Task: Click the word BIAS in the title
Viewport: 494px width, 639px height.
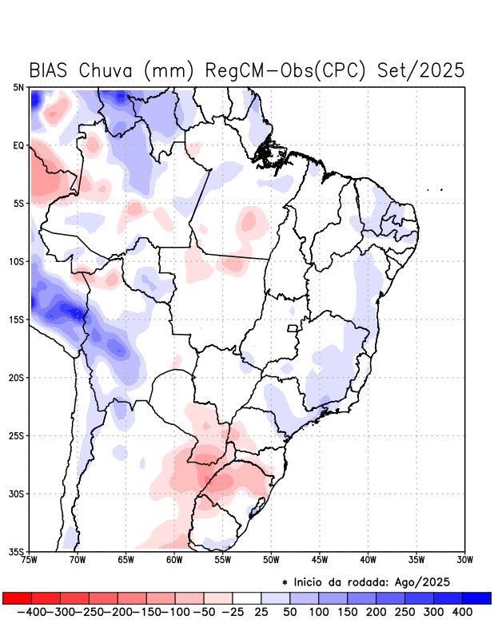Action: tap(51, 70)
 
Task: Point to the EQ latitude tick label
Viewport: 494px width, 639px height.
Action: tap(18, 145)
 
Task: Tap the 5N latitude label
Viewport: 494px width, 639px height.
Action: tap(18, 87)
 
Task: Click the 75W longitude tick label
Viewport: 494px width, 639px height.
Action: tap(30, 560)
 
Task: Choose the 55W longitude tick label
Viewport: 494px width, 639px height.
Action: tap(224, 560)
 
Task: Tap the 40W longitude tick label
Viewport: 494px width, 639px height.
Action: tap(369, 560)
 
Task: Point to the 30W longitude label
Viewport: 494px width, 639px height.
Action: tap(466, 560)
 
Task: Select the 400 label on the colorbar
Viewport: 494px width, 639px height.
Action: tap(461, 611)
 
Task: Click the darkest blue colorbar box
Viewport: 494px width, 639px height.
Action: tap(476, 597)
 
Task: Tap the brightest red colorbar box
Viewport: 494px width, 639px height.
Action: tap(17, 597)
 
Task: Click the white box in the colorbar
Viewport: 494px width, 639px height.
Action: tap(247, 597)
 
